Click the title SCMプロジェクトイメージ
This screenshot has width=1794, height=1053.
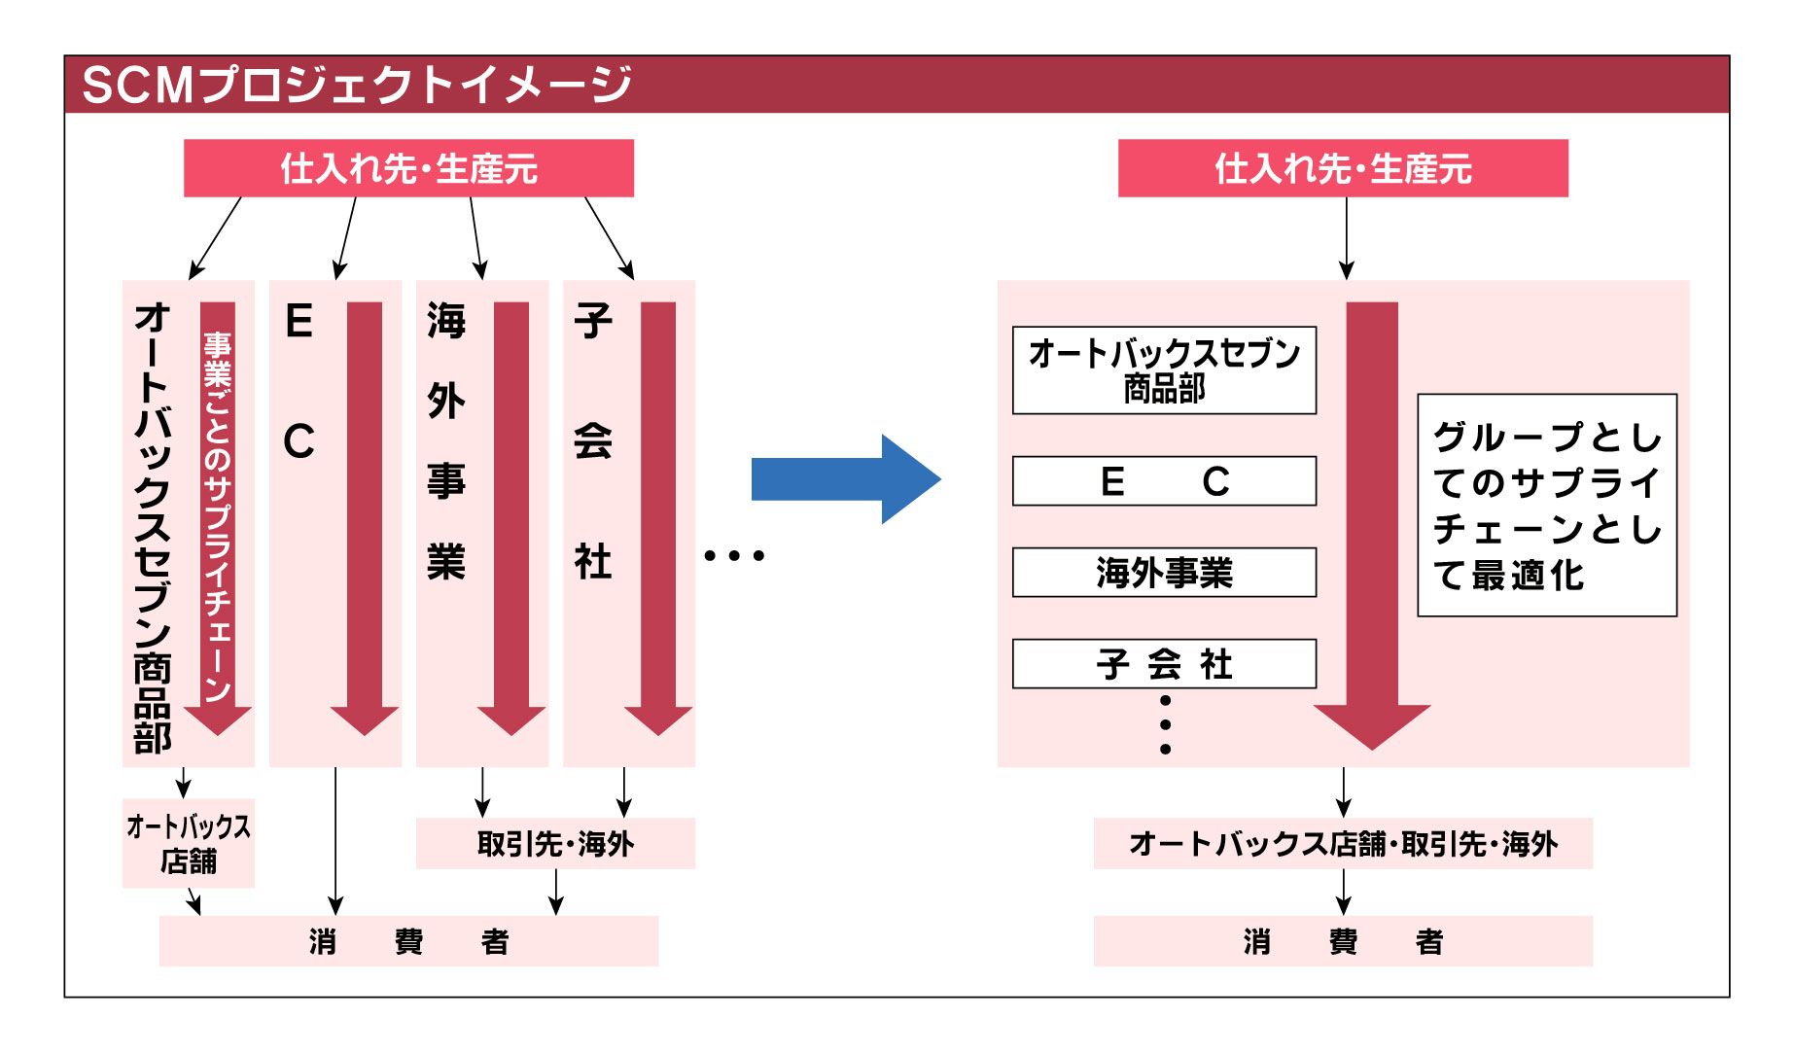357,85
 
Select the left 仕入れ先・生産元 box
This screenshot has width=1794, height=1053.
408,168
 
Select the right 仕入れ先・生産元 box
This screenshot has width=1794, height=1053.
1342,168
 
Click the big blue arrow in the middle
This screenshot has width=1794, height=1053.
844,479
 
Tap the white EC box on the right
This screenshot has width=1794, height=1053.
1164,481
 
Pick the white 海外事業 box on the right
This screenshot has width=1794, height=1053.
1164,573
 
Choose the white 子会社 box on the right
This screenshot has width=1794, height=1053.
1164,664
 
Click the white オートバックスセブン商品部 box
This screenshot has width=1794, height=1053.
1164,370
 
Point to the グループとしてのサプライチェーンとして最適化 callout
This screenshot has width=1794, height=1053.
1547,505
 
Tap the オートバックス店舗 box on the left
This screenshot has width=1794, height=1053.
188,843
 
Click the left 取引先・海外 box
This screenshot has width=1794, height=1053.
555,843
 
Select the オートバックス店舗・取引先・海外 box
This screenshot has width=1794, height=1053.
1342,843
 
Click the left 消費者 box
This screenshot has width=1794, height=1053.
408,941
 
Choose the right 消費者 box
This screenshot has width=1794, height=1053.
1342,941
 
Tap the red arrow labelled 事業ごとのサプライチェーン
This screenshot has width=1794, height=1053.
218,515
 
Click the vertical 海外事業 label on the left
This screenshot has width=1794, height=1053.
446,442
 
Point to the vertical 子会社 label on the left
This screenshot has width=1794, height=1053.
593,442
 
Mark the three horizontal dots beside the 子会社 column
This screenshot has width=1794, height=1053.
734,556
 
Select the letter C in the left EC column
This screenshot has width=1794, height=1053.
299,442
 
